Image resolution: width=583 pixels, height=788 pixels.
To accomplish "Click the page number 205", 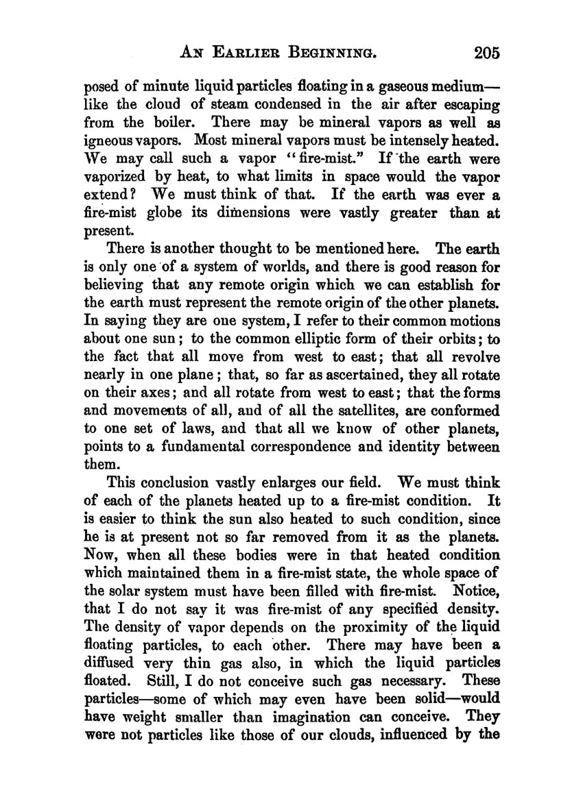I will click(x=482, y=53).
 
